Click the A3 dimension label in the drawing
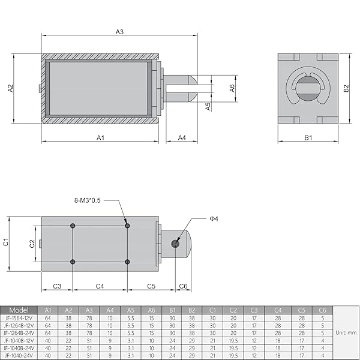pos(119,31)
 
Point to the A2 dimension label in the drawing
pos(10,88)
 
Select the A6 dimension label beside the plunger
pos(232,88)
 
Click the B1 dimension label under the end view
pos(308,137)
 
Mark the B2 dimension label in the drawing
pos(346,88)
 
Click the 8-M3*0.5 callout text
pos(96,200)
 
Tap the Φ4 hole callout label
pos(214,219)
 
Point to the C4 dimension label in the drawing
pos(100,286)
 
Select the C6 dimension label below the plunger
pos(184,286)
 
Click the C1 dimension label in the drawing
pos(5,242)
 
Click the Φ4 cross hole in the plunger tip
pos(175,243)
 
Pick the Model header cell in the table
pos(19,310)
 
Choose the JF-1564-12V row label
pos(19,317)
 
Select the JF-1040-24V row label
pos(19,355)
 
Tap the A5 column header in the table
pos(131,310)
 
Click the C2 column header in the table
pos(233,310)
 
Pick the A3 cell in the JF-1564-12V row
pos(89,317)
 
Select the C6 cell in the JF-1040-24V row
pos(322,355)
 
